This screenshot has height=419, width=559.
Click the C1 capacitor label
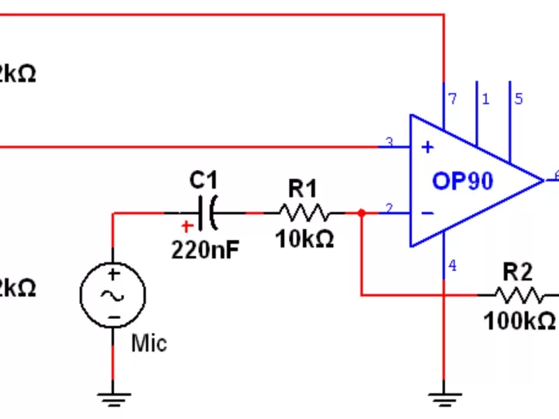click(203, 181)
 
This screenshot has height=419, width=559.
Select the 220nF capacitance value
click(205, 250)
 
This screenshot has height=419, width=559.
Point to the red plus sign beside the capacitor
click(186, 227)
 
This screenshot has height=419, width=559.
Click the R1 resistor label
click(303, 188)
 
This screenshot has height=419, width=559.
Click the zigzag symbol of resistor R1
click(304, 213)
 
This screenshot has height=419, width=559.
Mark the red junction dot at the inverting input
click(361, 213)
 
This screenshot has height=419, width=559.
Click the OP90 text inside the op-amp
click(463, 181)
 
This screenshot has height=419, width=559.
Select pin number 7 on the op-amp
click(453, 99)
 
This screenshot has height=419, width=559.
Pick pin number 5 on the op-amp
click(519, 99)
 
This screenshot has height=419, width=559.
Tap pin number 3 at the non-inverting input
click(390, 143)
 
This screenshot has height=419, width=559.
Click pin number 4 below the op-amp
click(453, 266)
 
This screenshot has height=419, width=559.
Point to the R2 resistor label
click(518, 272)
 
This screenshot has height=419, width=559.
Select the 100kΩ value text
click(519, 321)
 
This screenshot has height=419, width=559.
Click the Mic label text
click(148, 342)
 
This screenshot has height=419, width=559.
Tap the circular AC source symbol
click(113, 295)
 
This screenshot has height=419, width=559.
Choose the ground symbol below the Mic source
click(113, 399)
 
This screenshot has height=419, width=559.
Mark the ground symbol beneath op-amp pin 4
click(443, 399)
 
